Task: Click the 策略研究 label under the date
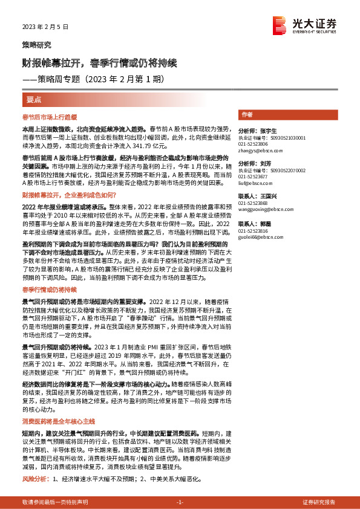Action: pos(36,45)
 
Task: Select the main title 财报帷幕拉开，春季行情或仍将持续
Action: pos(99,62)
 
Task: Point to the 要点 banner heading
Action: pos(34,99)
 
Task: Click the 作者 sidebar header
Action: pos(247,114)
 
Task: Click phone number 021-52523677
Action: pos(251,177)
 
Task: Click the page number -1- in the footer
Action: pos(180,502)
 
